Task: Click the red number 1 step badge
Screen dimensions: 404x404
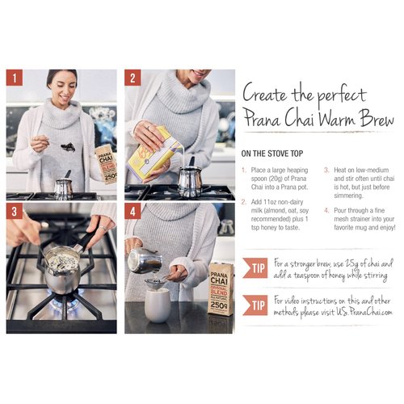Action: click(x=14, y=78)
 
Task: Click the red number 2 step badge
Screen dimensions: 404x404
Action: click(x=132, y=78)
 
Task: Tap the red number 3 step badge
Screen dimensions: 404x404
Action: click(x=14, y=213)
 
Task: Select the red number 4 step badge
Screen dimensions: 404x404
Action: click(x=132, y=213)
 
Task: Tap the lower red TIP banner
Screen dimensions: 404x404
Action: click(x=256, y=304)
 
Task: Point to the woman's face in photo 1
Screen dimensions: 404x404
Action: click(x=61, y=84)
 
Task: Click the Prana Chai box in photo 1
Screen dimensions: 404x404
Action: click(x=106, y=165)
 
